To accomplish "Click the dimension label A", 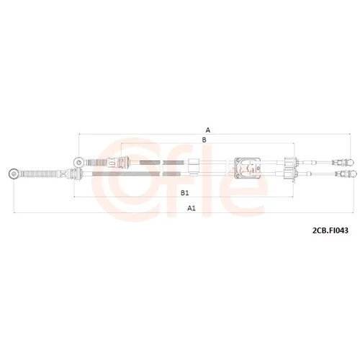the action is coord(208,130).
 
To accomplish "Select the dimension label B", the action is coord(204,140).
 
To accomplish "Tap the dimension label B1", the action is coord(184,193).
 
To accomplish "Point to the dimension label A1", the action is coord(192,208).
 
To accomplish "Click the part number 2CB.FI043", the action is coord(330,230).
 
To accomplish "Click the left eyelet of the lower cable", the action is coord(13,174).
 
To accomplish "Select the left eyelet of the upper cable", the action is coord(78,162).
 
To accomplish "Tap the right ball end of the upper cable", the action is coord(350,163).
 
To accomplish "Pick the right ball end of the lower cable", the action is coord(354,174).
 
